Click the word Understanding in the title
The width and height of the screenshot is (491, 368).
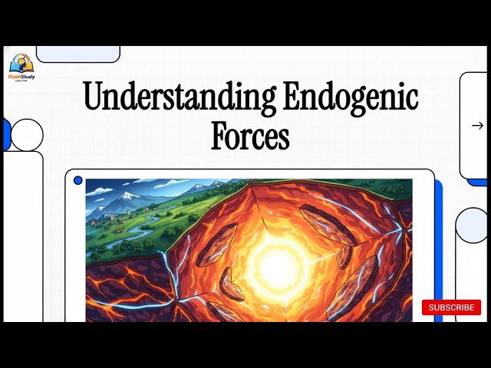tap(180, 99)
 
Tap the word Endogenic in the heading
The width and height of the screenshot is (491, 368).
tap(351, 99)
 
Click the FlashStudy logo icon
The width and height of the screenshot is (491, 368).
tap(21, 62)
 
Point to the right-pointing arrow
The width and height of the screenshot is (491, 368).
tap(477, 126)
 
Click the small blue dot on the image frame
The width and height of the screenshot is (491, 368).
tap(77, 181)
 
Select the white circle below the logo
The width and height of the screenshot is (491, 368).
tap(27, 135)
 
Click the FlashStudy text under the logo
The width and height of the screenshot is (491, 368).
tap(21, 75)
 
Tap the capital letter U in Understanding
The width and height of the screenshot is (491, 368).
tap(94, 98)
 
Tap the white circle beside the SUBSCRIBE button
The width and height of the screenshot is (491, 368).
tap(473, 225)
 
